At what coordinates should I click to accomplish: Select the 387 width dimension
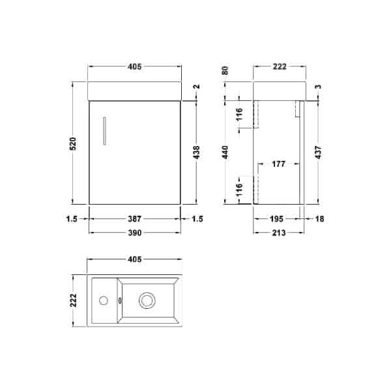(x=136, y=220)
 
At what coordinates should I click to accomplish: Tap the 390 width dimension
(x=136, y=232)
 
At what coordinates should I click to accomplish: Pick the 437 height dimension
(x=317, y=151)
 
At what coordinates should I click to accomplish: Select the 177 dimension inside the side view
(x=279, y=165)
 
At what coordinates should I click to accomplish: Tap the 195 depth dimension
(x=277, y=220)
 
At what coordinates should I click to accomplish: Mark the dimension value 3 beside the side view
(x=317, y=87)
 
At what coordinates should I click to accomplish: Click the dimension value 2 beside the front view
(x=196, y=88)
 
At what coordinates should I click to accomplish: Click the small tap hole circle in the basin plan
(x=103, y=300)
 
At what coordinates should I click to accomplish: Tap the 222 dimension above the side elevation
(x=279, y=66)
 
